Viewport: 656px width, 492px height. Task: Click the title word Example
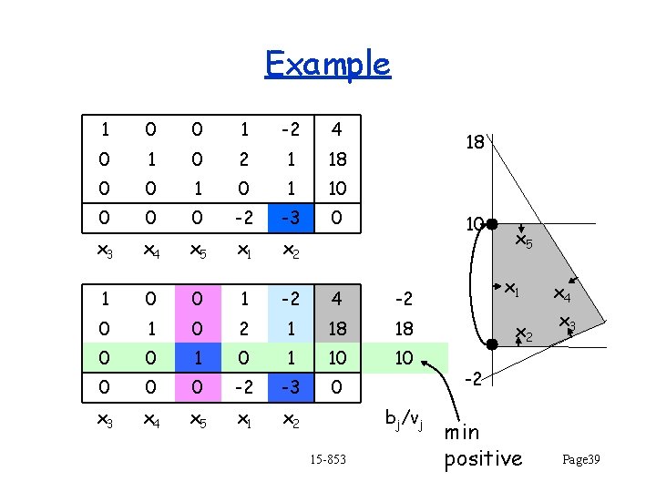click(327, 64)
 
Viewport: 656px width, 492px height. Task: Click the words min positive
click(483, 446)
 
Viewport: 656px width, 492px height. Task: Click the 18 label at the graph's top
click(476, 142)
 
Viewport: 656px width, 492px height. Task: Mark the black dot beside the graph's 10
click(490, 223)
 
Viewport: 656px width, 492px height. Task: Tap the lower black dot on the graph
click(490, 344)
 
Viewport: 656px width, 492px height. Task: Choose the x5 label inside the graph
click(524, 242)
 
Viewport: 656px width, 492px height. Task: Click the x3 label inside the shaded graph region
click(567, 323)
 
